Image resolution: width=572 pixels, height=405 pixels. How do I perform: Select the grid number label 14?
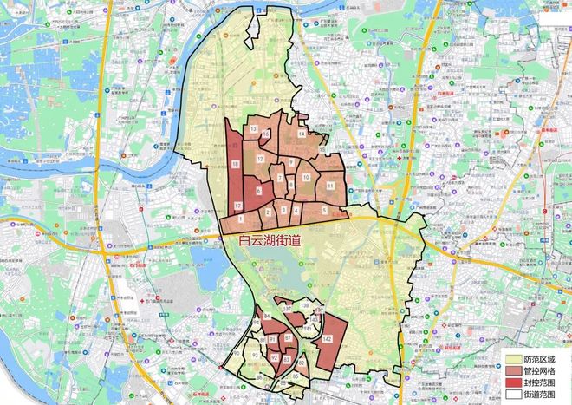pos(301,135)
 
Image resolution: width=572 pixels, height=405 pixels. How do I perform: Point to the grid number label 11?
pos(330,186)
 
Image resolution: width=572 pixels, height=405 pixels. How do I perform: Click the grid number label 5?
pos(324,210)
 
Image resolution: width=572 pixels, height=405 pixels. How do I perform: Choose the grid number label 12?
pos(260,159)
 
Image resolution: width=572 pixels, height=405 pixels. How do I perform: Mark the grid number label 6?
pos(258,189)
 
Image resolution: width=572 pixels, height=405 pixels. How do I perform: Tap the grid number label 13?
pos(253,129)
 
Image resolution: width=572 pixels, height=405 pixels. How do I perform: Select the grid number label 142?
pos(327,340)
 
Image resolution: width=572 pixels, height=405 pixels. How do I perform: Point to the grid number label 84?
pos(267,317)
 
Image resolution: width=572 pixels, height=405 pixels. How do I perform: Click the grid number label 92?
pos(275,357)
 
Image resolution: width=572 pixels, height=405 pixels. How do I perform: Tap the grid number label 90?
pos(237,354)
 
